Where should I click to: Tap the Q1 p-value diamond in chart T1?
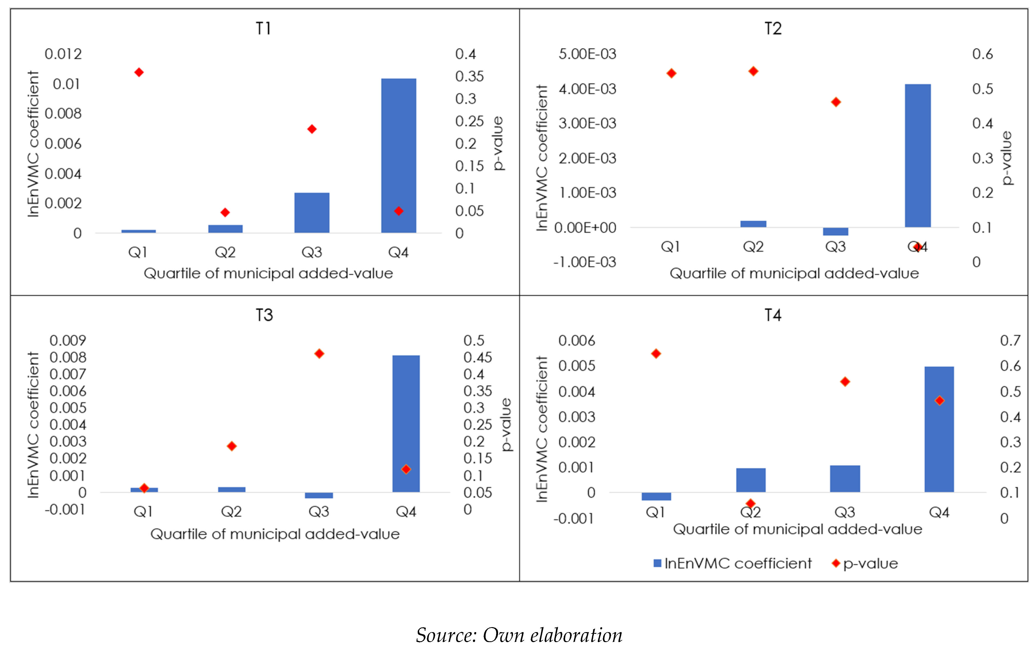pyautogui.click(x=139, y=72)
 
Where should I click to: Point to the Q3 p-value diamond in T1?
pyautogui.click(x=312, y=129)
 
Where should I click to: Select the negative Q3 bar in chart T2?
pyautogui.click(x=835, y=232)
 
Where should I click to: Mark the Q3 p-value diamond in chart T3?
pyautogui.click(x=319, y=354)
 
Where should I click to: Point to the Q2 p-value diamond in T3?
pyautogui.click(x=232, y=446)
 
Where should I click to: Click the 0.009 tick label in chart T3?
pyautogui.click(x=68, y=341)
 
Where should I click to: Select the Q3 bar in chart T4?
pyautogui.click(x=845, y=478)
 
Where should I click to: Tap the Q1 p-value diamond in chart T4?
pyautogui.click(x=656, y=354)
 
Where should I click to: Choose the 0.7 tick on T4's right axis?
pyautogui.click(x=1010, y=341)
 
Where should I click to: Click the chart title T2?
pyautogui.click(x=773, y=29)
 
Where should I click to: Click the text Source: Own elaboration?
pyautogui.click(x=519, y=635)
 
